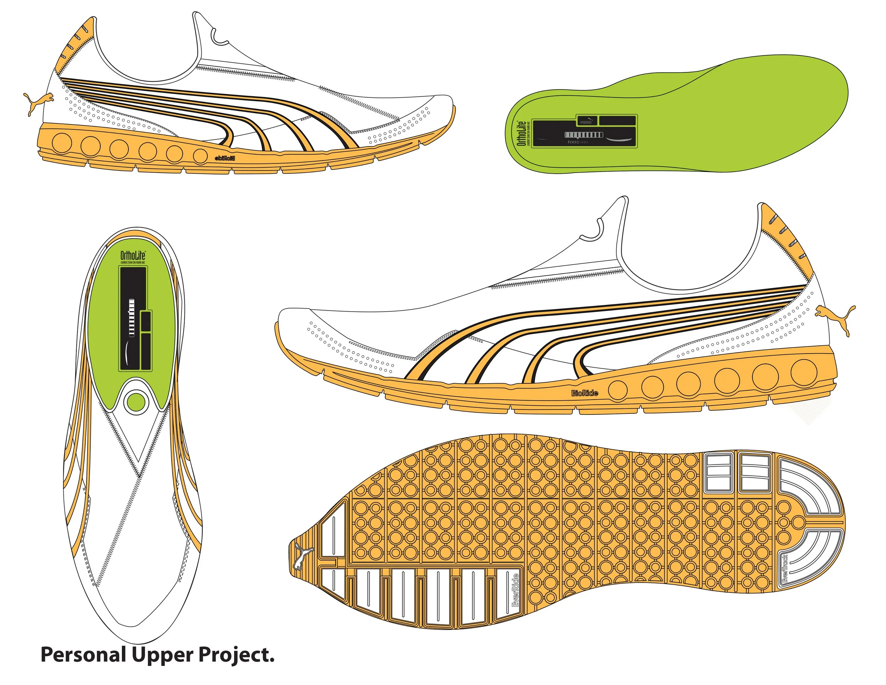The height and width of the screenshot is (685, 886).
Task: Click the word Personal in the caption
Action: point(83,655)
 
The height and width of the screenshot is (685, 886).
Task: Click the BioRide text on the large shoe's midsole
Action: point(584,393)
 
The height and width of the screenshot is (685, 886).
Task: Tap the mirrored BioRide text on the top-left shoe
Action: point(224,158)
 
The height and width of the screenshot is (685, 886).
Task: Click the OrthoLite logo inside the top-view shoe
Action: point(133,255)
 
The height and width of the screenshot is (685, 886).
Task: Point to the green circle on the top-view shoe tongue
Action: point(136,402)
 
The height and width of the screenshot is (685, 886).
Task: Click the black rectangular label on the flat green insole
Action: point(584,131)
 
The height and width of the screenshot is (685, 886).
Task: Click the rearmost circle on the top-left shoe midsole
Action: point(62,143)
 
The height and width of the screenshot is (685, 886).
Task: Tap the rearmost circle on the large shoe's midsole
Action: point(804,371)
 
